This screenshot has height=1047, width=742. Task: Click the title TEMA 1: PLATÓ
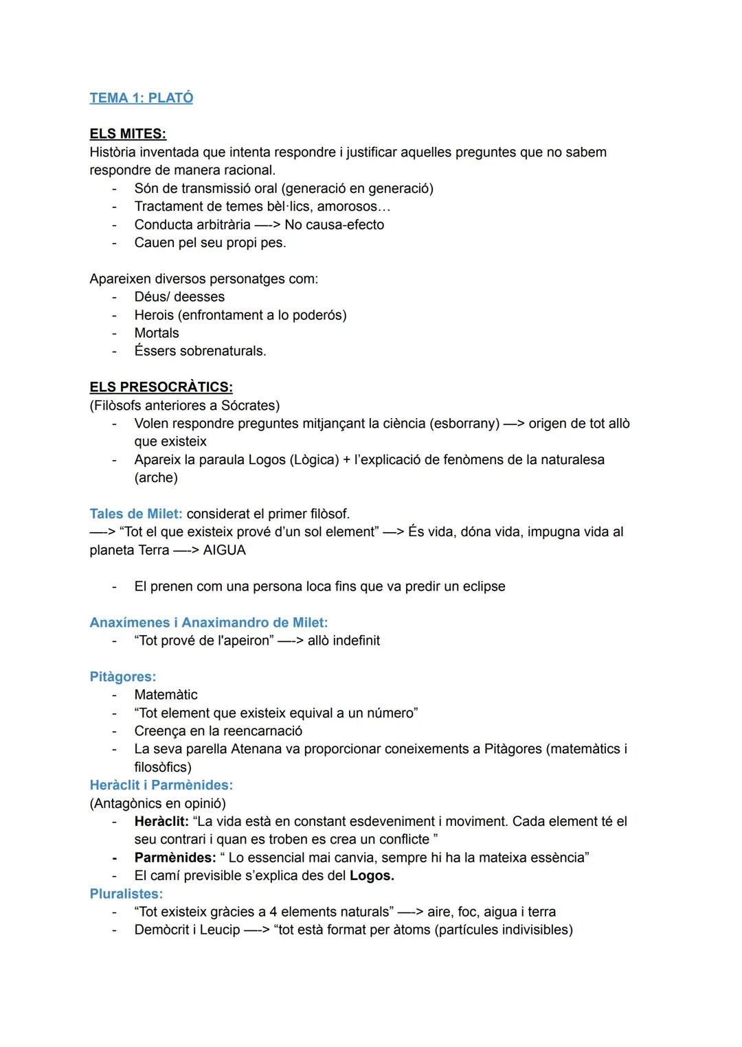pyautogui.click(x=141, y=98)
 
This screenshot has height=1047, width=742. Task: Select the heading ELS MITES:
pyautogui.click(x=128, y=134)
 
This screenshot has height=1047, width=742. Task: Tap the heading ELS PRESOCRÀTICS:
pyautogui.click(x=161, y=387)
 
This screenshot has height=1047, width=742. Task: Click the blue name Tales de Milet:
pyautogui.click(x=136, y=514)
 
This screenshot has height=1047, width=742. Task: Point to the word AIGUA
pyautogui.click(x=224, y=551)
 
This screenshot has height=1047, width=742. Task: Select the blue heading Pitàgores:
pyautogui.click(x=123, y=677)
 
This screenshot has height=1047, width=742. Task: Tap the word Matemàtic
pyautogui.click(x=166, y=695)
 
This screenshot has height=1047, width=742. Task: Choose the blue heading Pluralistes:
pyautogui.click(x=126, y=894)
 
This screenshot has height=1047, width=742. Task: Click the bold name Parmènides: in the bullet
pyautogui.click(x=175, y=858)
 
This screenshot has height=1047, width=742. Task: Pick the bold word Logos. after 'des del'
pyautogui.click(x=372, y=876)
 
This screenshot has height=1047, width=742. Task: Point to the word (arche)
pyautogui.click(x=156, y=478)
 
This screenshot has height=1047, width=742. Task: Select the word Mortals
pyautogui.click(x=157, y=333)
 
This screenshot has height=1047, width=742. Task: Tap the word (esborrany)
pyautogui.click(x=464, y=424)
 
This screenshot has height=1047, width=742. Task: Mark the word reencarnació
pyautogui.click(x=262, y=731)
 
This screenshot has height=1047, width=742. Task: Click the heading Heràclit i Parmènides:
pyautogui.click(x=161, y=785)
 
